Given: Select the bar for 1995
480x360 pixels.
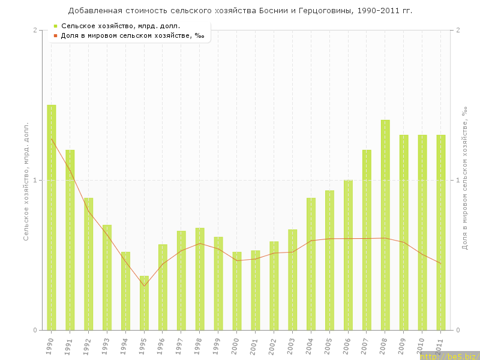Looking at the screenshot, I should [x=144, y=303].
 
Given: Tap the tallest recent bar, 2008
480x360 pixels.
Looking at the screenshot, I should [x=385, y=225].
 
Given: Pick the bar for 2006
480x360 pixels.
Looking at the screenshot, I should [x=348, y=255].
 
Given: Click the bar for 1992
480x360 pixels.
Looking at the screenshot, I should [x=89, y=264].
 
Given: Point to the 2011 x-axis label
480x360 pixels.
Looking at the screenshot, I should [x=440, y=346].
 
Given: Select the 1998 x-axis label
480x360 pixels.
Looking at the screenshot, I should [x=199, y=346].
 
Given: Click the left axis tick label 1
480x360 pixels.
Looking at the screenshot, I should [x=35, y=180].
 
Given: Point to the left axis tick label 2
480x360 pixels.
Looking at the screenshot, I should [x=35, y=30].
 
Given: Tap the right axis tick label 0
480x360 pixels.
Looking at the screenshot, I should [x=458, y=330].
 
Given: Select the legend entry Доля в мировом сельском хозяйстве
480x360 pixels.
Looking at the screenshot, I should [x=133, y=35].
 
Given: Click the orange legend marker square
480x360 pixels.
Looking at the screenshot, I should [x=55, y=35].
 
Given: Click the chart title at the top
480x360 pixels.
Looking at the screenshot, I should [x=240, y=11].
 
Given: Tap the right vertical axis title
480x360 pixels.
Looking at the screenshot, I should [x=464, y=180].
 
